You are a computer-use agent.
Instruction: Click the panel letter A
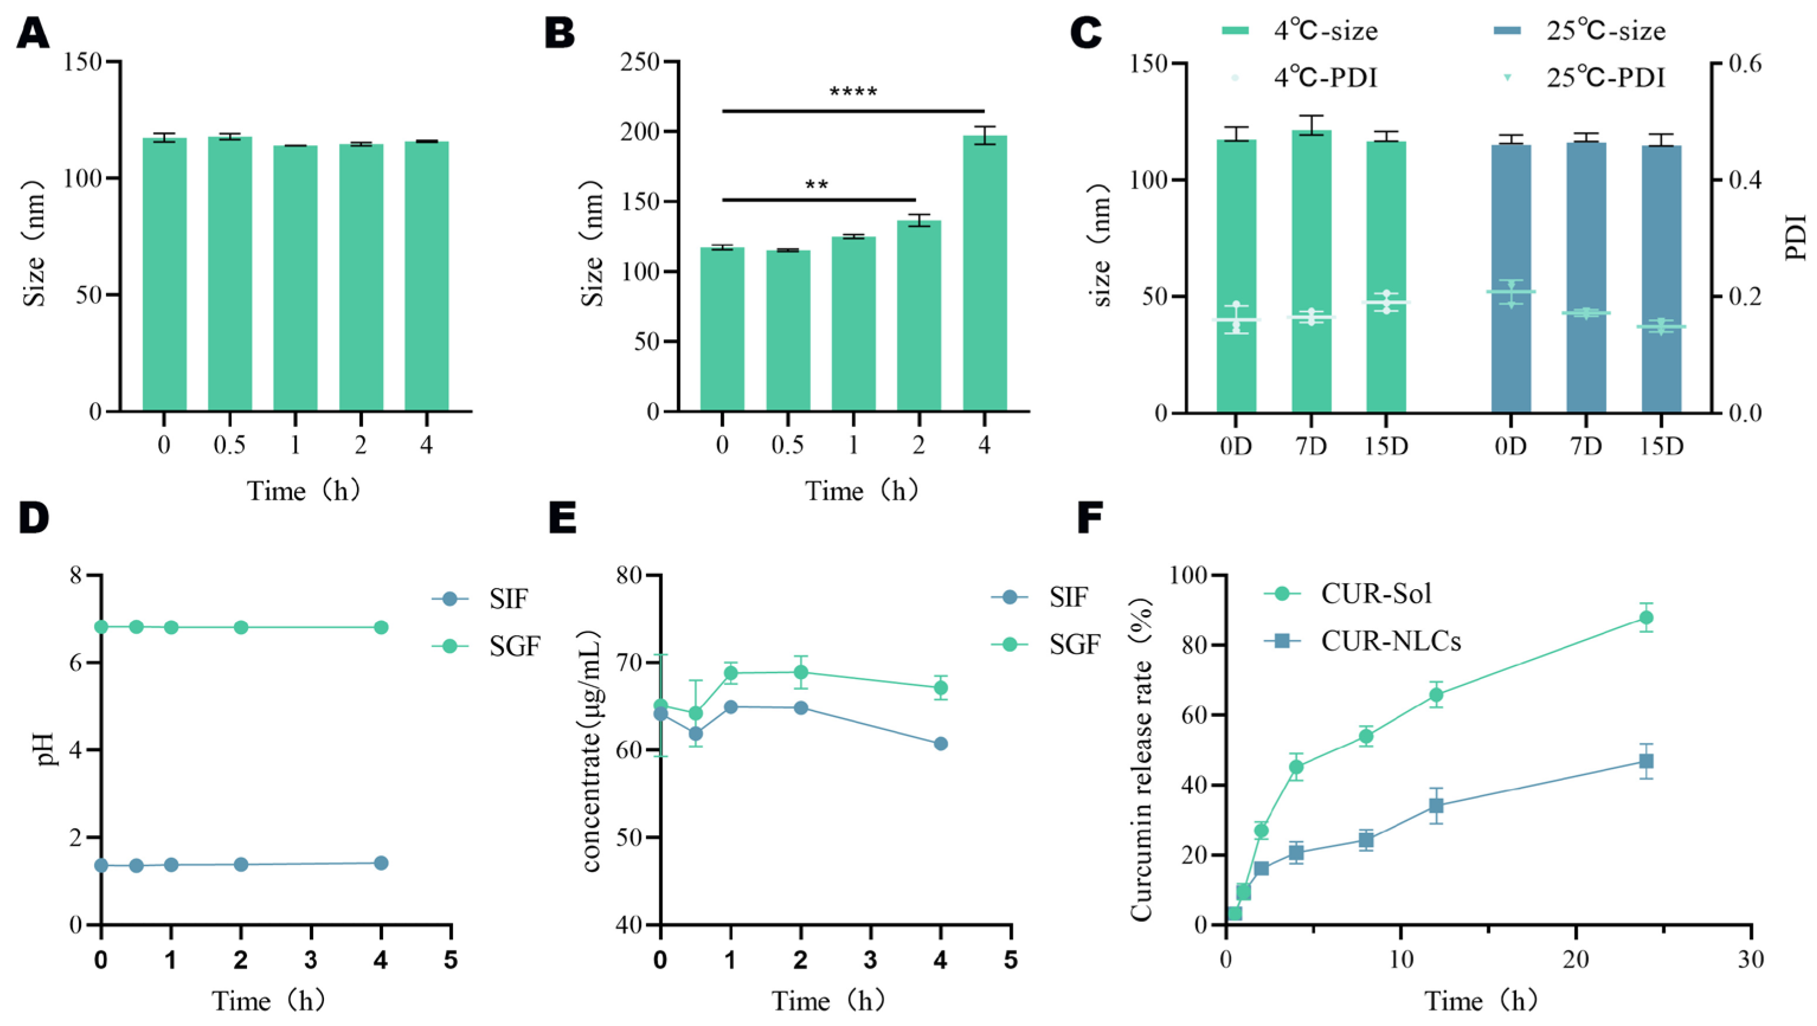(x=33, y=33)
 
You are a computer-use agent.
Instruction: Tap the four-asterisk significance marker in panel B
(x=853, y=92)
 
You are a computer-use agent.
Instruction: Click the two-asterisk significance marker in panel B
(x=817, y=186)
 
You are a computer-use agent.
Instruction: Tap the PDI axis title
(x=1796, y=239)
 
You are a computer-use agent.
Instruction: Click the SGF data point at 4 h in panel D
(x=381, y=627)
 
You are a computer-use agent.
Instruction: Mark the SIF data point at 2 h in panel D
(x=241, y=864)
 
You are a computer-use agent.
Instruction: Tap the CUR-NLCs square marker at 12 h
(x=1436, y=805)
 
